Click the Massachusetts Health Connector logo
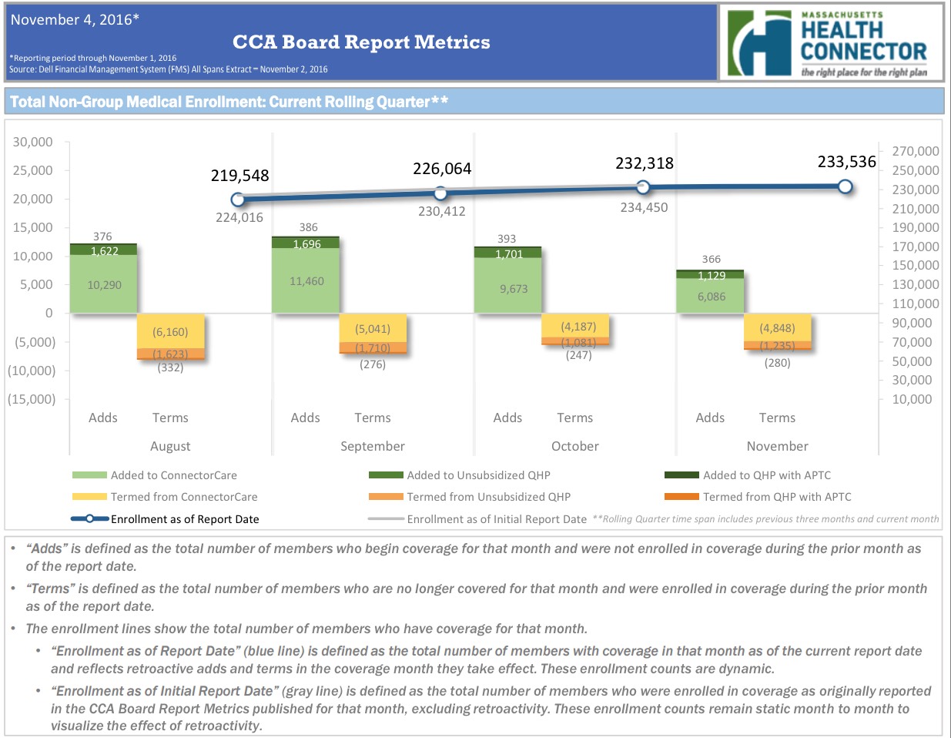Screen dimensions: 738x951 829,43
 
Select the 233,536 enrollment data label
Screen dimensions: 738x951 846,162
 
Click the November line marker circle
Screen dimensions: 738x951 846,186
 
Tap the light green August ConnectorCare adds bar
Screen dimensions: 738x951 104,283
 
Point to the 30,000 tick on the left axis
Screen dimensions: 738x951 33,142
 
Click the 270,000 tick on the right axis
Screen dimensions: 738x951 915,151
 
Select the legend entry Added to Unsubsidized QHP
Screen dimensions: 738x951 478,475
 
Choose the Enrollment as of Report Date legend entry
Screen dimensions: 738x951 184,519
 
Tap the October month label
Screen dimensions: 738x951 574,446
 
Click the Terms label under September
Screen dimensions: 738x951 373,418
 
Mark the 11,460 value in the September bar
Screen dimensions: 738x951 306,281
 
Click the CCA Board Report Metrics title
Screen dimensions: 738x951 361,42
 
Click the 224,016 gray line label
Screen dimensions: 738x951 239,217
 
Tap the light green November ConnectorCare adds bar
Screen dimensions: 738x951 711,296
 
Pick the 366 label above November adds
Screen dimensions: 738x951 712,259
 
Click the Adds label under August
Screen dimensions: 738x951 103,418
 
